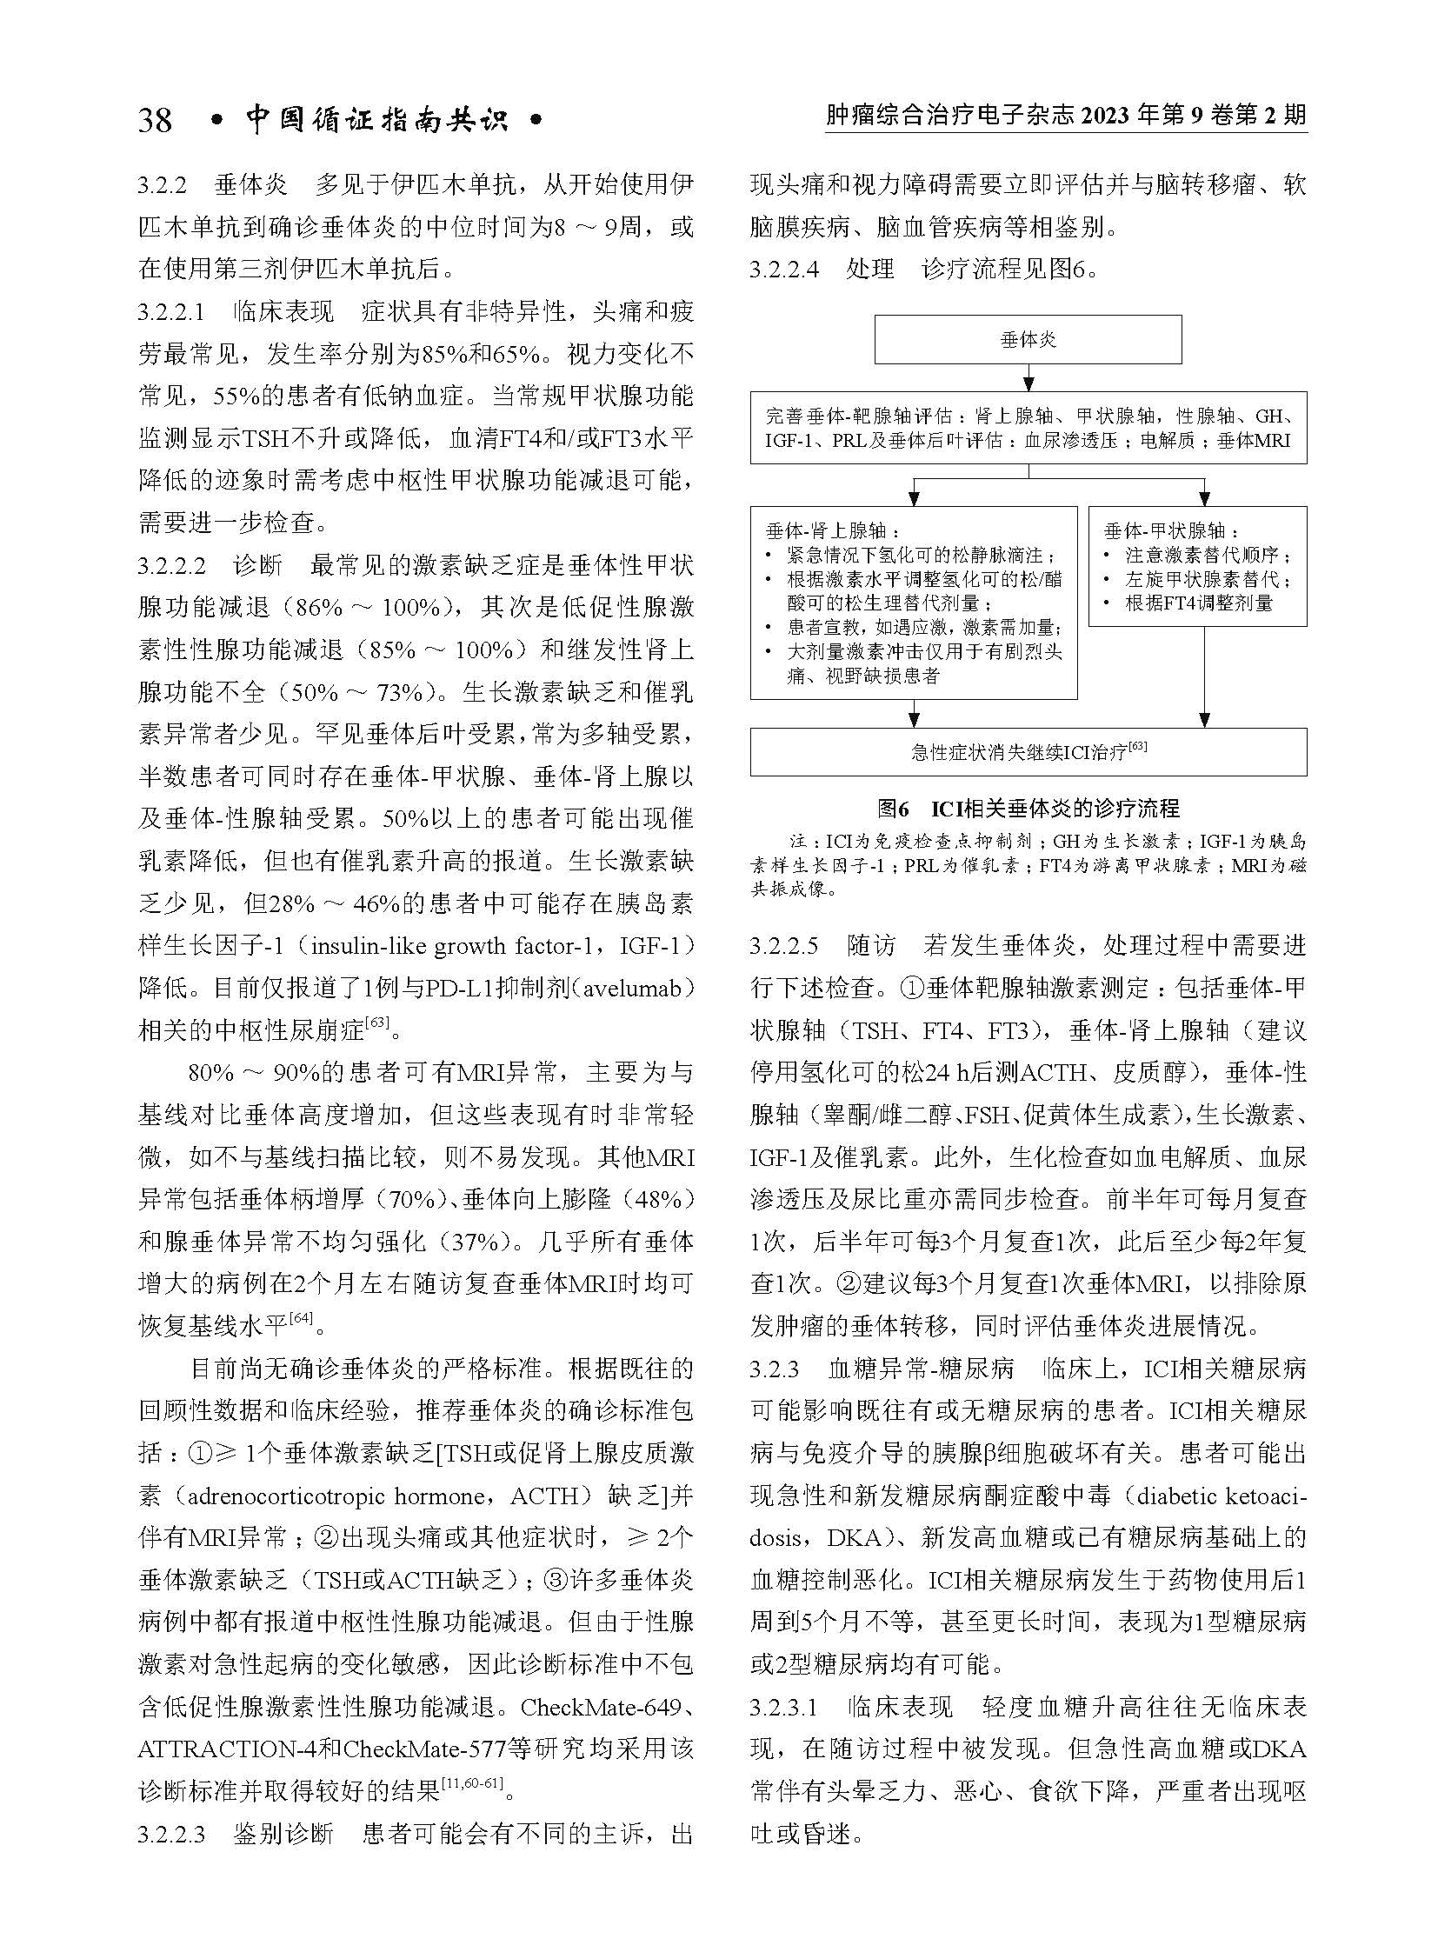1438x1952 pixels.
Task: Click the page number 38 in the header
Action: click(x=156, y=120)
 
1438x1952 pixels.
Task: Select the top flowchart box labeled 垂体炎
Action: click(x=1027, y=340)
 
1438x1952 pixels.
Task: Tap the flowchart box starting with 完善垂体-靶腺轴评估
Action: click(x=1027, y=428)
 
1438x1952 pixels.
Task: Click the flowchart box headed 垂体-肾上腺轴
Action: click(x=913, y=603)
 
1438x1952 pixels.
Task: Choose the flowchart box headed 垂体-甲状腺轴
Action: click(x=1197, y=566)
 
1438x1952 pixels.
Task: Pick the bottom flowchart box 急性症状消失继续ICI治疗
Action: click(x=1027, y=751)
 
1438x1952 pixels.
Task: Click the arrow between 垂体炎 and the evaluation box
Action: click(x=1028, y=377)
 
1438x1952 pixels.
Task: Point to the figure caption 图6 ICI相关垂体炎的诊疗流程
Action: click(x=1028, y=809)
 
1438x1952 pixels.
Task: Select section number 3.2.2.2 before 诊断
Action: click(x=171, y=567)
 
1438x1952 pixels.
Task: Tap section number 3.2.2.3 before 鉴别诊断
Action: click(x=171, y=1809)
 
